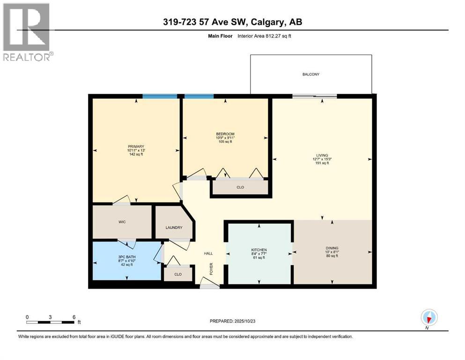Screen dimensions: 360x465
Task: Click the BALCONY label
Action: [310, 74]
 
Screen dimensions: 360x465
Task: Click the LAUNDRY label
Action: [173, 228]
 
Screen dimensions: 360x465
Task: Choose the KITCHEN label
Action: [259, 250]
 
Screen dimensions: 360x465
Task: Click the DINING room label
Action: [332, 248]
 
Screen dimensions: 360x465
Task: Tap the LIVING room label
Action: [322, 155]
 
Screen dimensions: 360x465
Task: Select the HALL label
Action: [208, 253]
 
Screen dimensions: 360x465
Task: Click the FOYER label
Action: [211, 269]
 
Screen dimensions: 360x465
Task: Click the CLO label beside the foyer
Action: [178, 274]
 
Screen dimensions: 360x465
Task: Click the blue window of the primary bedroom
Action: [160, 96]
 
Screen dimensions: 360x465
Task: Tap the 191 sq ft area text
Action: [322, 163]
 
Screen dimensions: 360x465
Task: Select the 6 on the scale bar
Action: [74, 317]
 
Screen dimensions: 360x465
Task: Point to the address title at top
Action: [232, 22]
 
